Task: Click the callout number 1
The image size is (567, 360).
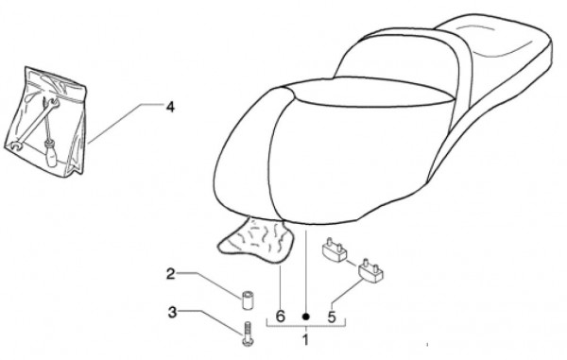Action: pyautogui.click(x=305, y=338)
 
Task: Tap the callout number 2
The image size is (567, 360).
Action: pyautogui.click(x=171, y=275)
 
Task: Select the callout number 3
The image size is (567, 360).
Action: pyautogui.click(x=171, y=312)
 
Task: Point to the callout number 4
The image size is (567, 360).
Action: pyautogui.click(x=170, y=107)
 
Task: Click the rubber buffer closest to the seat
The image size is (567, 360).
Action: pyautogui.click(x=334, y=250)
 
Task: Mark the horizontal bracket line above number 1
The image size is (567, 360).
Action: pyautogui.click(x=305, y=326)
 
